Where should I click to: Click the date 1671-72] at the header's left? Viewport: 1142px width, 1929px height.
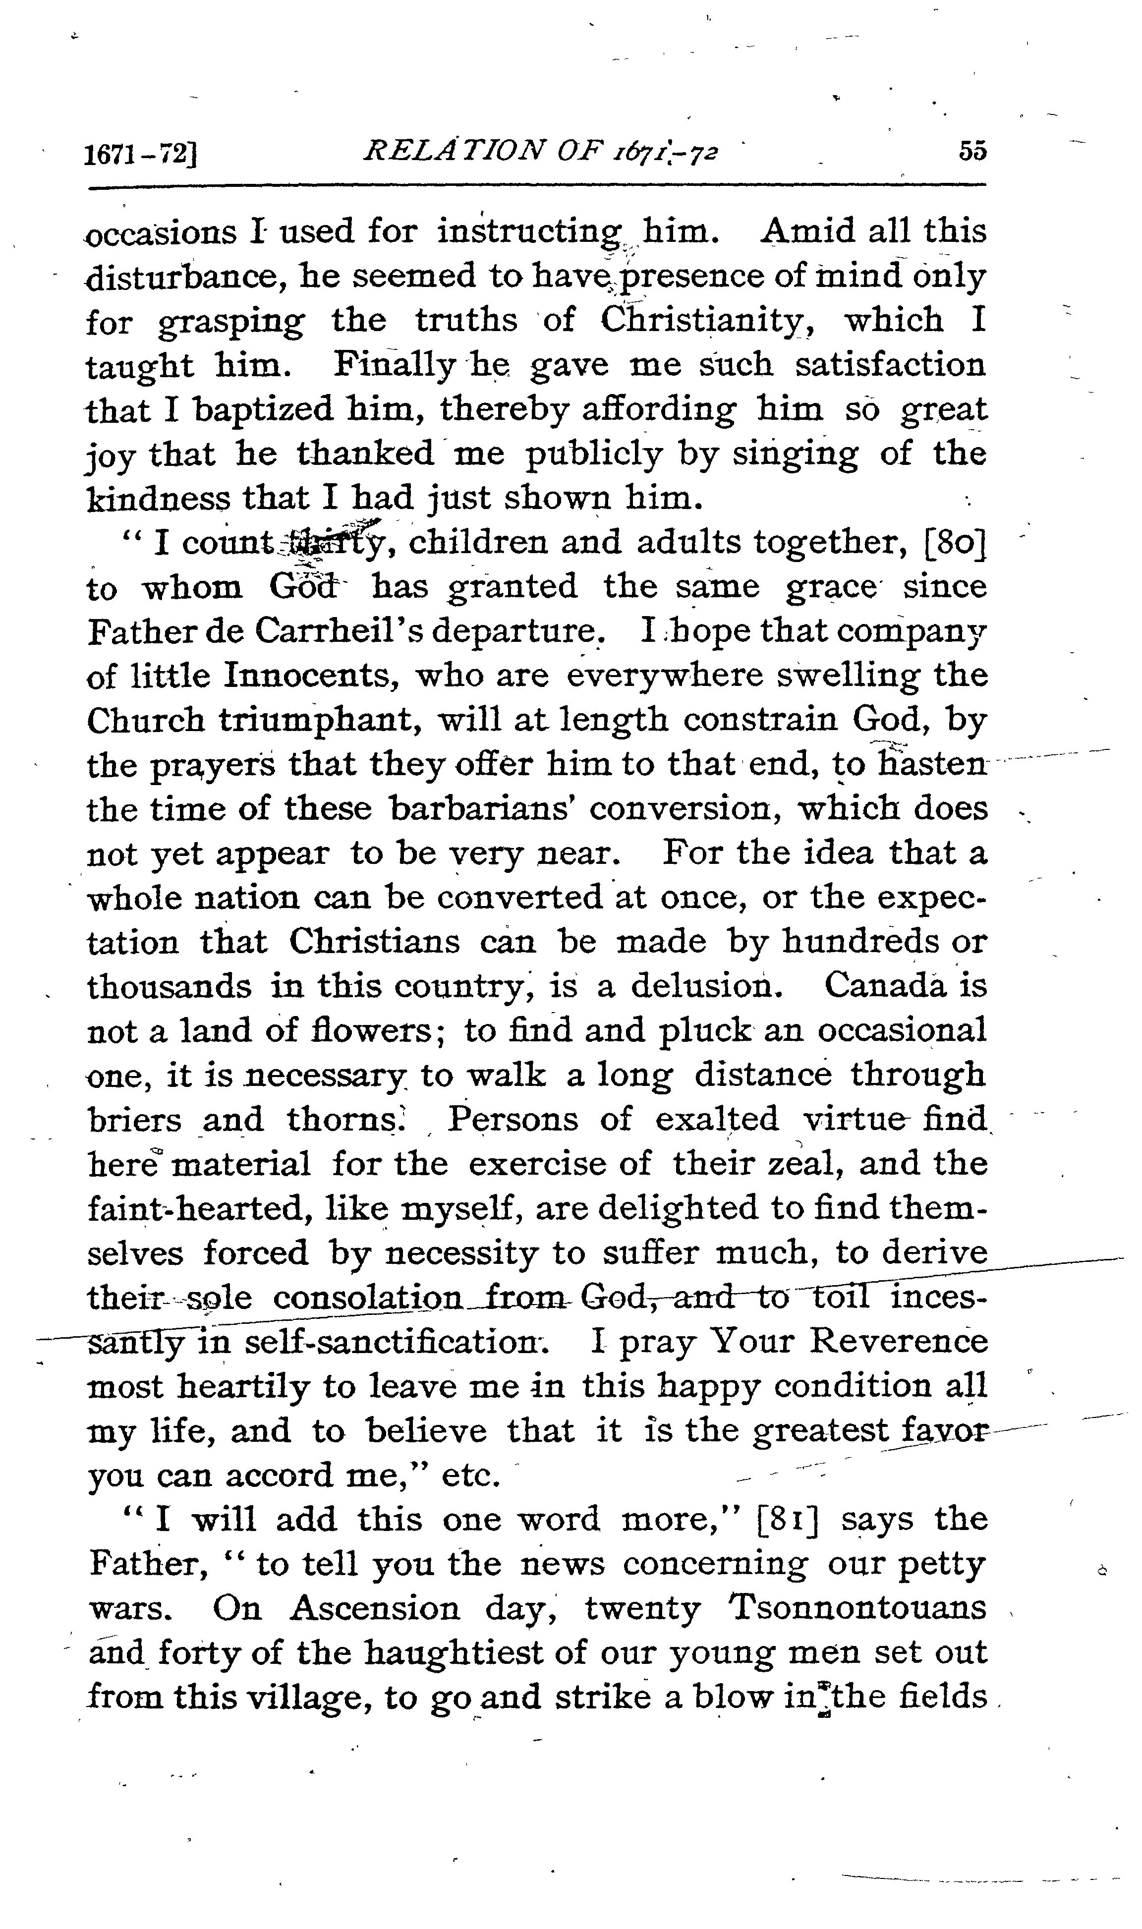142,155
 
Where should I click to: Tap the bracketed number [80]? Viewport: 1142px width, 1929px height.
954,543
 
